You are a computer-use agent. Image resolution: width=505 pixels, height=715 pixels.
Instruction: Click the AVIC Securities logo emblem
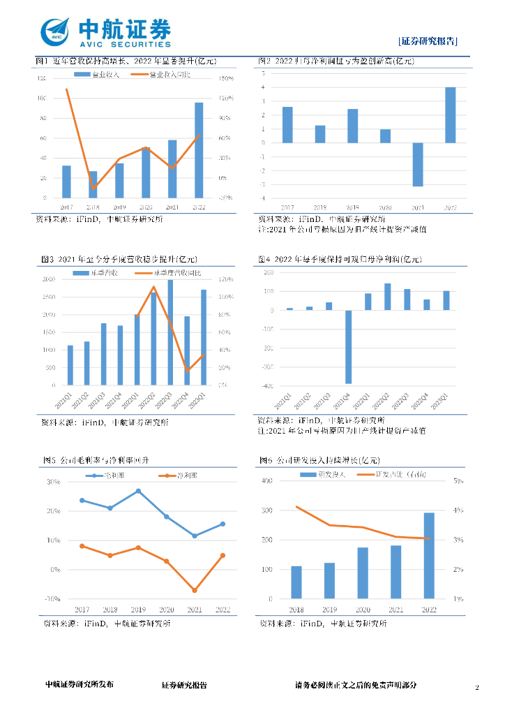tap(56, 31)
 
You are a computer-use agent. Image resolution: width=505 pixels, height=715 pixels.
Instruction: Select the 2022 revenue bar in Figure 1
tap(199, 150)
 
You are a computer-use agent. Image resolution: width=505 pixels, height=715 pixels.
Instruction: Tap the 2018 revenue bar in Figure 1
tap(93, 184)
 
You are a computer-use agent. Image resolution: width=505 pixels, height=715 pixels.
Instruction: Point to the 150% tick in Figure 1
tap(225, 78)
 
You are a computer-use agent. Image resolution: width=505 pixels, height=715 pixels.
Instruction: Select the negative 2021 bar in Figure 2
tap(418, 164)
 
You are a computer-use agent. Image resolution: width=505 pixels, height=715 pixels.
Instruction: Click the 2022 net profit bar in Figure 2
tap(451, 115)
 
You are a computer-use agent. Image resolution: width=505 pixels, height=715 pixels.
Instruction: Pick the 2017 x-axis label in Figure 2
tap(287, 208)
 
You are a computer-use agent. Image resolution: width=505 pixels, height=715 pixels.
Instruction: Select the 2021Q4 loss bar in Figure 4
tap(348, 347)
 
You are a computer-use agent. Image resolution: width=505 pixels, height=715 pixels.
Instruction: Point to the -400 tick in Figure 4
tap(266, 386)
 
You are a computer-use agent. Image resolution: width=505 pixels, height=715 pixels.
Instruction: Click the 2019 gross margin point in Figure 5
tap(138, 491)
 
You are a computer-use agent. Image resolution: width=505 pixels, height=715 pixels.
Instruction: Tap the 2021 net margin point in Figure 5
tap(195, 591)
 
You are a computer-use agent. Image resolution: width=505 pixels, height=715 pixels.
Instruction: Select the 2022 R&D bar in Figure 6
tap(429, 556)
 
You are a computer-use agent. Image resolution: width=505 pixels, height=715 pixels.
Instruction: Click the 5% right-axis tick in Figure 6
tap(460, 481)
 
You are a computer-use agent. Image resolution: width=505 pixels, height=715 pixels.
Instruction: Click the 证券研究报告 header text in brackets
tap(428, 42)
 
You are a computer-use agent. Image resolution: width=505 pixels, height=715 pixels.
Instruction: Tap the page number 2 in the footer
tap(477, 688)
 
